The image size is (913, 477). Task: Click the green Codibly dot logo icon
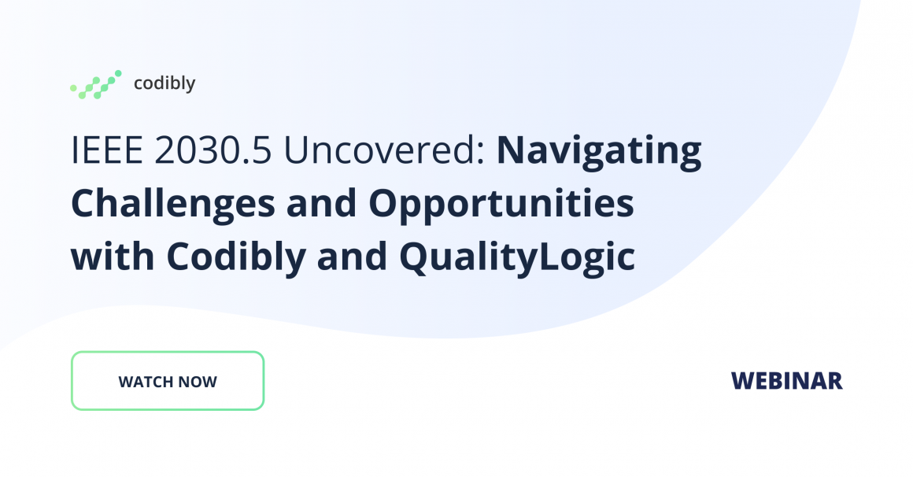click(x=95, y=84)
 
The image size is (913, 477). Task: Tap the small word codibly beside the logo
click(x=164, y=83)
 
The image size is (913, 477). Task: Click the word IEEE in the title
click(x=106, y=150)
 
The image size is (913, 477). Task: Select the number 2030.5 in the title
click(x=213, y=150)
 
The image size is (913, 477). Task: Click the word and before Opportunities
click(x=321, y=203)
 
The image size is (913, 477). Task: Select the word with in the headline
click(x=113, y=257)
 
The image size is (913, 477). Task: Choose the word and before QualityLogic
click(x=353, y=257)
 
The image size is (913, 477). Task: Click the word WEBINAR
click(x=786, y=381)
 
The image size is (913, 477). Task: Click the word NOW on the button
click(x=198, y=382)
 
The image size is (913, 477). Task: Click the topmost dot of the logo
click(x=118, y=73)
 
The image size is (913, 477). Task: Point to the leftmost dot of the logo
click(x=73, y=88)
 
